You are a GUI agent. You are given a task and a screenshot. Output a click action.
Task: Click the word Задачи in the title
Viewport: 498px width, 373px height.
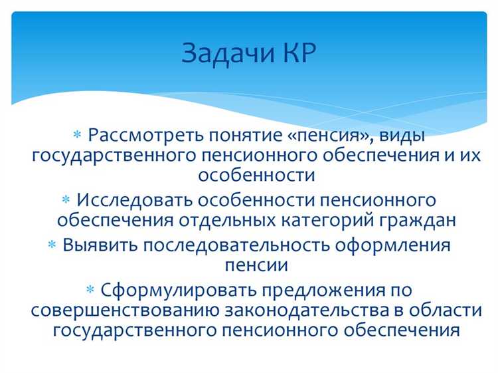223,54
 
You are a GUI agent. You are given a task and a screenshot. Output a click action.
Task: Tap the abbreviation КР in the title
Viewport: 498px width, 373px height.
292,53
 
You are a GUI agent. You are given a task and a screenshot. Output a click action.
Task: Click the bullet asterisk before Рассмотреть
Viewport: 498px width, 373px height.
76,136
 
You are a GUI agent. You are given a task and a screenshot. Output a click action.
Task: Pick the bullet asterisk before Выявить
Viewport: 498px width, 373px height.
52,245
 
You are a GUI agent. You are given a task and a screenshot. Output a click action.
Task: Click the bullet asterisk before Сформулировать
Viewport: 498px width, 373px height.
91,290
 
